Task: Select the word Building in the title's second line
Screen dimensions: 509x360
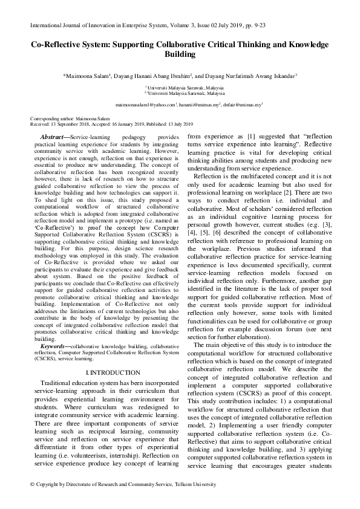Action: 180,54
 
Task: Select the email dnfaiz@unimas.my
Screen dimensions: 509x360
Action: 241,105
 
